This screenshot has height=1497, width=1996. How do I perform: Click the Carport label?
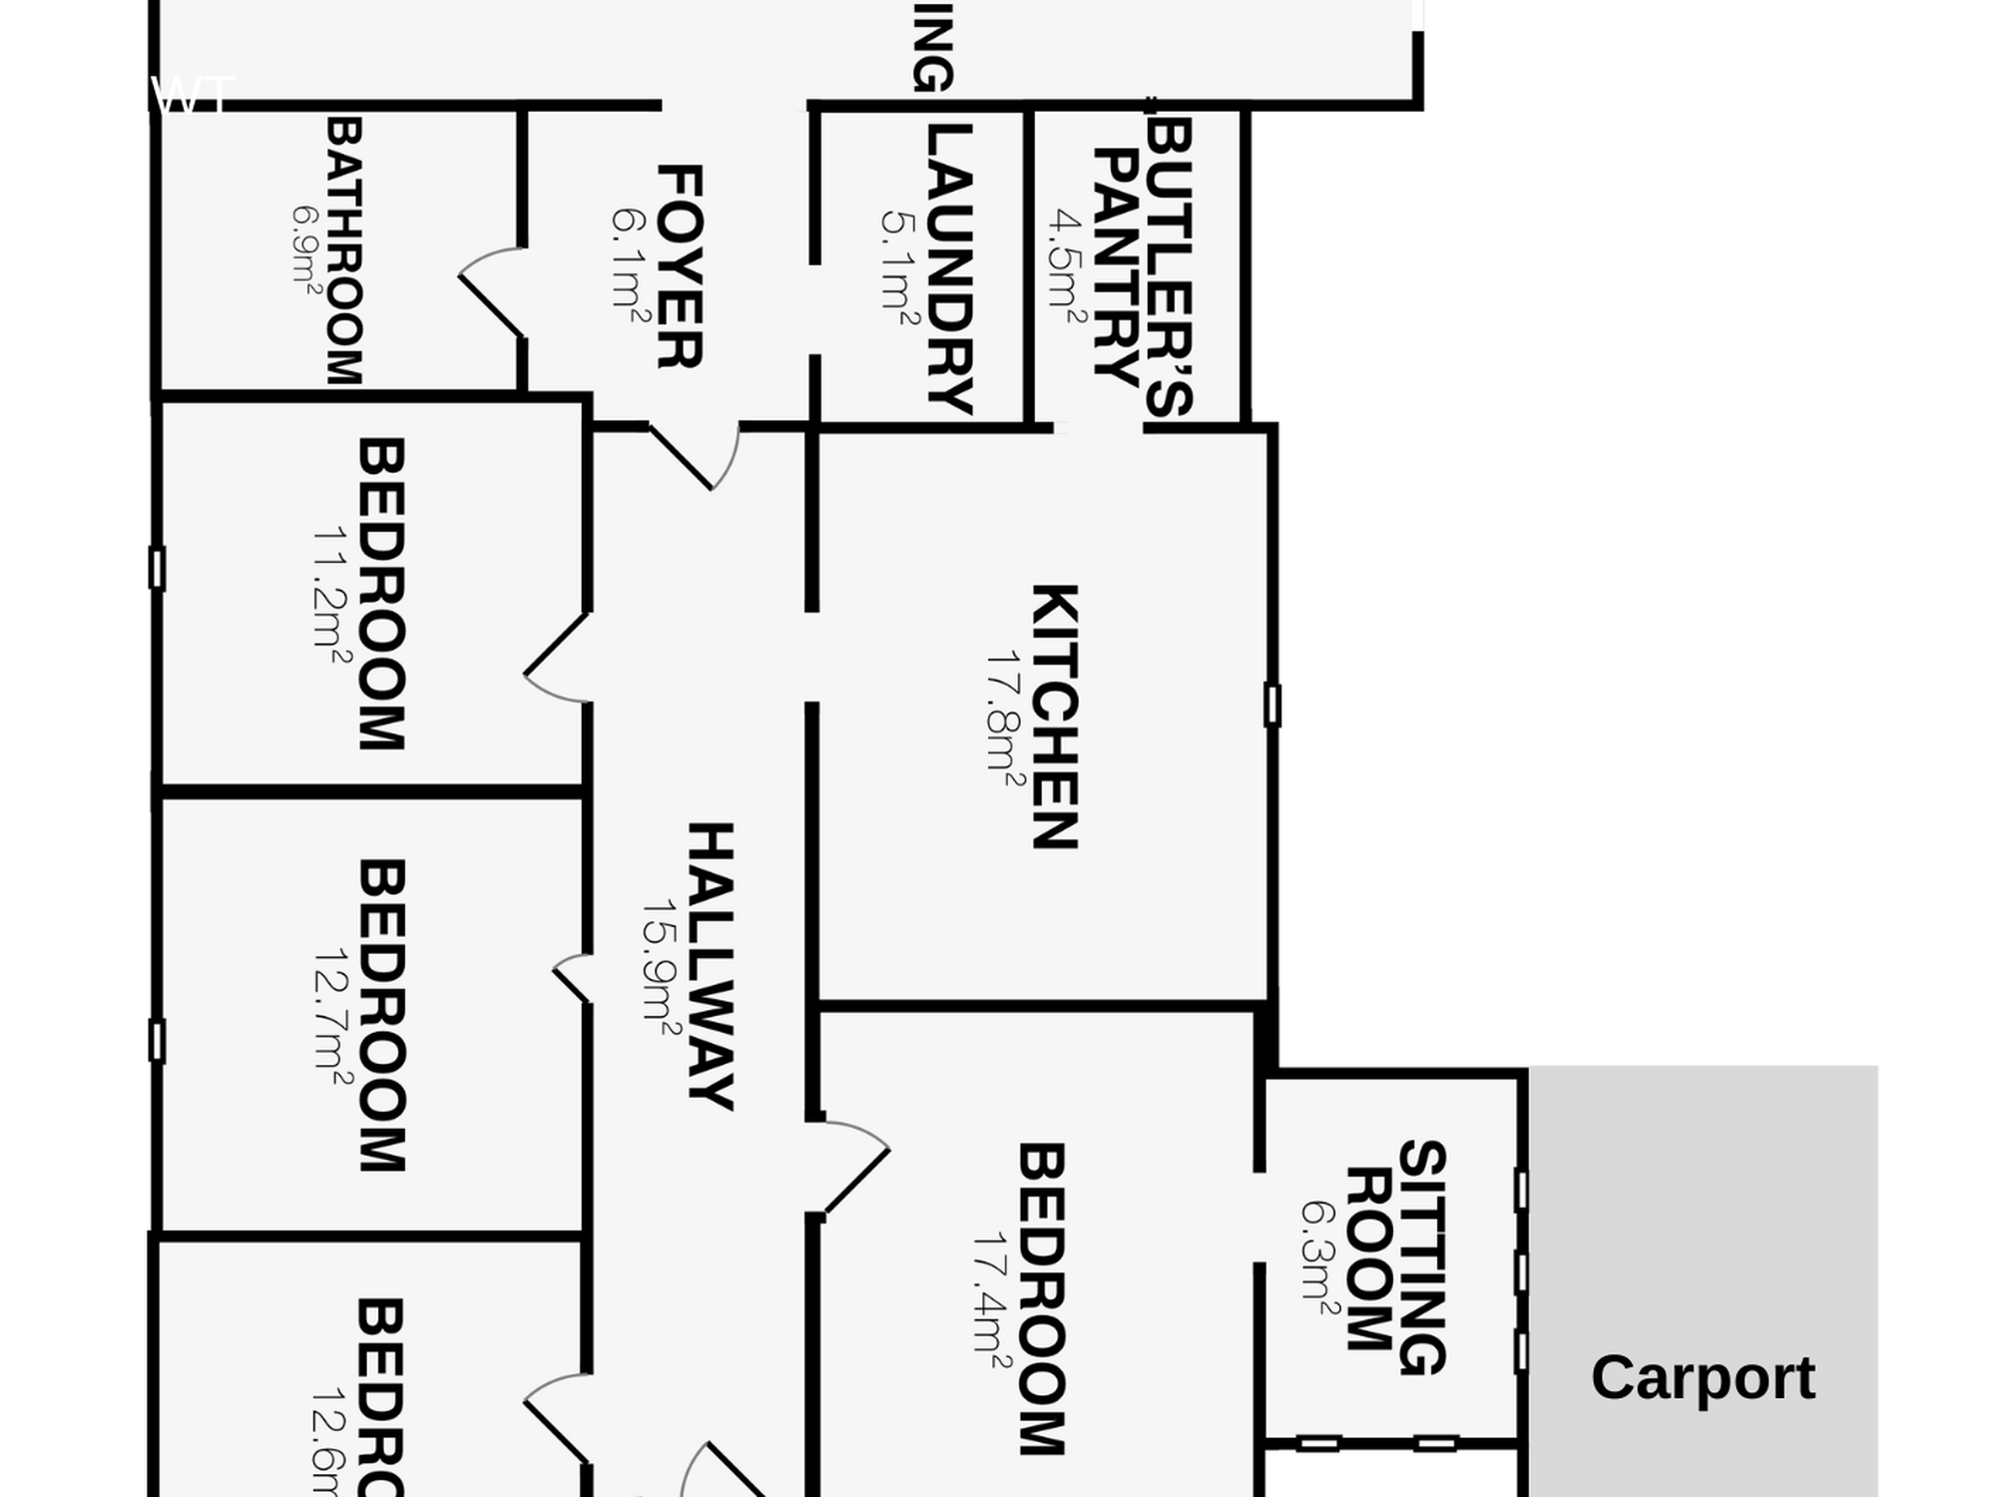(1703, 1378)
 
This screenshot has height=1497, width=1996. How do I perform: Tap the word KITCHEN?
(1055, 717)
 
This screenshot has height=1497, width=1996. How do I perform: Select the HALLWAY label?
(712, 966)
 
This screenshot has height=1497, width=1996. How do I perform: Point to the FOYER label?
(681, 266)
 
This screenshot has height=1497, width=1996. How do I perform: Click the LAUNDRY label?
(949, 268)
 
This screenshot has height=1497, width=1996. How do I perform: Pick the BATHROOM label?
(344, 251)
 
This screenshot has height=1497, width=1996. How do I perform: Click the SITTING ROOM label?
(1396, 1256)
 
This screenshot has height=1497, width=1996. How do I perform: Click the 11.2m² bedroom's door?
(555, 659)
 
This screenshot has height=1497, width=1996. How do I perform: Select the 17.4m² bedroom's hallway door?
(848, 1168)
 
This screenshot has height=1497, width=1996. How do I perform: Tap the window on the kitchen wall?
(1272, 705)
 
